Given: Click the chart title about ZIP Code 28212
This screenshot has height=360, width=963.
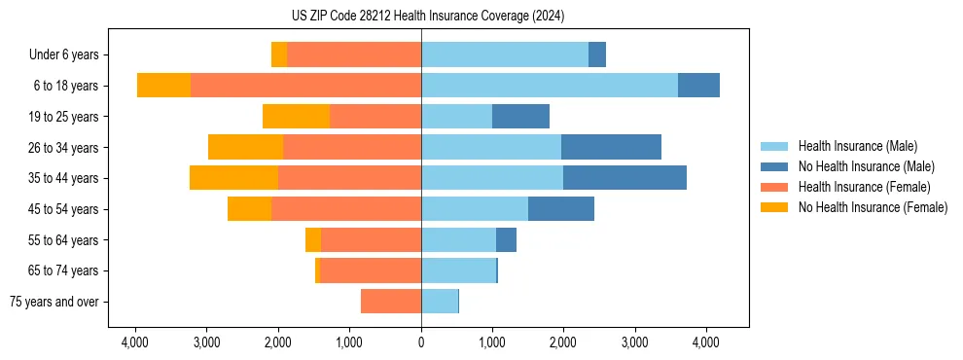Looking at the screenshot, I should (x=427, y=16).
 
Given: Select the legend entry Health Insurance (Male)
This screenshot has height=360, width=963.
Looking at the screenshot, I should (x=856, y=146).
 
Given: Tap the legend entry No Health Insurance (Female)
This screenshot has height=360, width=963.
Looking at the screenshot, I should (x=873, y=207).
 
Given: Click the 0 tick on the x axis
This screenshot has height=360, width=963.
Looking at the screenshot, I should (x=421, y=342).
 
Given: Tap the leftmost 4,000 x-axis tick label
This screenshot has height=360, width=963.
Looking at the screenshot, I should (x=135, y=342).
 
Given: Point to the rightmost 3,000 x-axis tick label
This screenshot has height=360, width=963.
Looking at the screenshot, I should (x=634, y=342).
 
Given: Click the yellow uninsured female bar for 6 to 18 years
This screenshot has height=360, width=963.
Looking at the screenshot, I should (x=163, y=86).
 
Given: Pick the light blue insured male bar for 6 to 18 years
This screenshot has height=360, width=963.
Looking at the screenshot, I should (x=550, y=86).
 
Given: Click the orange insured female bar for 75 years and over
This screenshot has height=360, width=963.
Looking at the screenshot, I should (x=391, y=302).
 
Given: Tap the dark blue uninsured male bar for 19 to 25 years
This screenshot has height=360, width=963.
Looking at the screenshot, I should (x=520, y=117).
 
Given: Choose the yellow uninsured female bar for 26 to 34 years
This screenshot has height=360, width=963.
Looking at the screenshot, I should (x=245, y=147).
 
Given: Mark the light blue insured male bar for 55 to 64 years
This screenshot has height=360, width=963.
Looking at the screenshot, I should (x=458, y=240).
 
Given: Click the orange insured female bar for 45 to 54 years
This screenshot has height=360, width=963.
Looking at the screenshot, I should (x=346, y=209).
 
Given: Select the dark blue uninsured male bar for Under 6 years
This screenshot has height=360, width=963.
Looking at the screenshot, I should (x=597, y=54).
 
